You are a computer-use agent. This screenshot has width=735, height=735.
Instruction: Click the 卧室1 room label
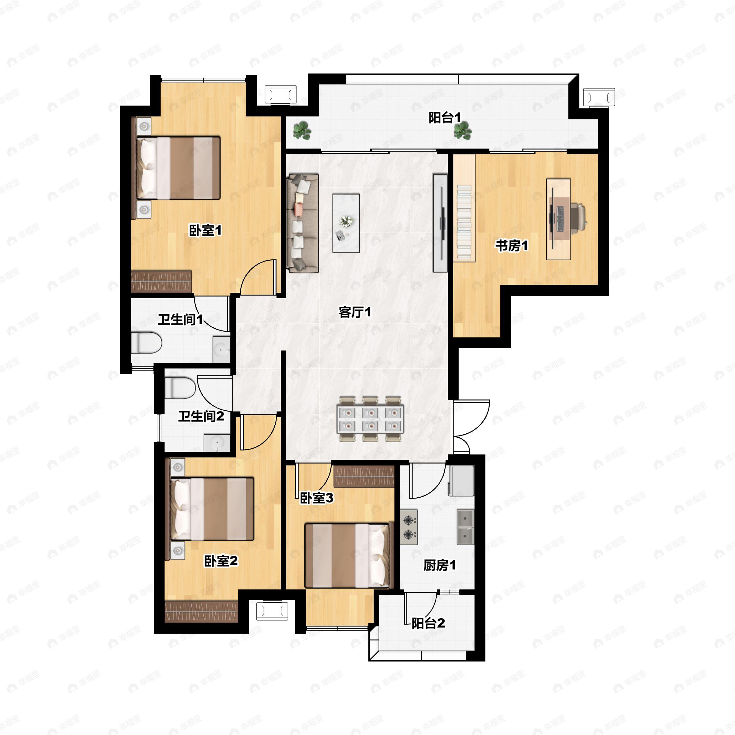[205, 230]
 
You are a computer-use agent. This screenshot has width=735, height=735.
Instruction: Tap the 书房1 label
[512, 245]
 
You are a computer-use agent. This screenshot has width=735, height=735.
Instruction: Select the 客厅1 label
[355, 312]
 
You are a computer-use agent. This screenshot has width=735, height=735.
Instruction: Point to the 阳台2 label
[428, 623]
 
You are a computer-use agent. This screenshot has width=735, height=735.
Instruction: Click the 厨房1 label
[439, 565]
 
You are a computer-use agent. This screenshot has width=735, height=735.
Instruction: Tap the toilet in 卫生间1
[146, 342]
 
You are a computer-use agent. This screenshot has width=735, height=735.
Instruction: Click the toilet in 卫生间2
[180, 388]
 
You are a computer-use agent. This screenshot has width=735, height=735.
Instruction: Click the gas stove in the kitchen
[409, 527]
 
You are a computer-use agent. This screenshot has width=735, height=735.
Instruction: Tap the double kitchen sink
[466, 527]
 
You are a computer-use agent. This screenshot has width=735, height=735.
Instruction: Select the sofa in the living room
[303, 223]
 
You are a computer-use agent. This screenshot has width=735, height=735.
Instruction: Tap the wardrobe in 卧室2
[201, 611]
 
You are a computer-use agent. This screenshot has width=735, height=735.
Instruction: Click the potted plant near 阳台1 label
[462, 130]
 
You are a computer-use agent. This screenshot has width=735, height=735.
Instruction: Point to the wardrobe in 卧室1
[161, 281]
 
